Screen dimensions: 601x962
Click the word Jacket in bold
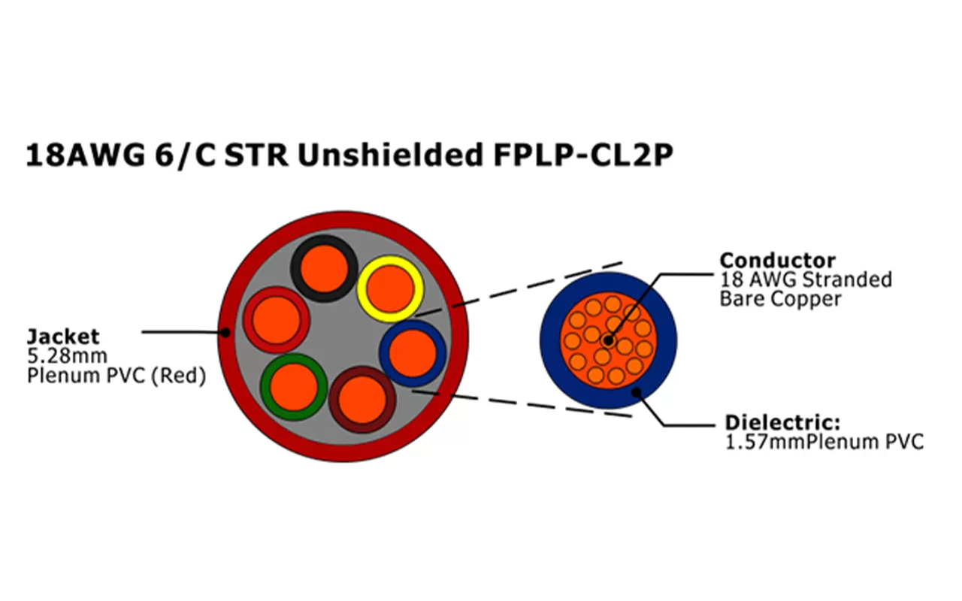pos(63,336)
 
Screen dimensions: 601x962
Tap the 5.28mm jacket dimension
pos(67,355)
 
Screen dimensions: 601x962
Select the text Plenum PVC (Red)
pos(116,376)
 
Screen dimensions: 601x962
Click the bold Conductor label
pos(777,261)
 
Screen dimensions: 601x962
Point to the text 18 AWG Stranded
pos(806,280)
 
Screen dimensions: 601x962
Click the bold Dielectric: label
pos(782,421)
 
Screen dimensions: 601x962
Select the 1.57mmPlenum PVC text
pos(824,442)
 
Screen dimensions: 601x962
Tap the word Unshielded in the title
pos(389,155)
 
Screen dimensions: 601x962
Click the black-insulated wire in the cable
pos(325,268)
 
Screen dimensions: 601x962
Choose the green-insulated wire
pos(293,386)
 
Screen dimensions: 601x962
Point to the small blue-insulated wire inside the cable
pos(413,353)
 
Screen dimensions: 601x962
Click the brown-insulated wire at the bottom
pos(362,399)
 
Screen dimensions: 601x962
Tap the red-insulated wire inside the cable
pos(276,320)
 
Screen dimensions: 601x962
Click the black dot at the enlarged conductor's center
pos(607,342)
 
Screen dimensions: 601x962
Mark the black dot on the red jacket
pos(225,331)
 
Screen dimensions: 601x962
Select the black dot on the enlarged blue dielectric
pos(636,391)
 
